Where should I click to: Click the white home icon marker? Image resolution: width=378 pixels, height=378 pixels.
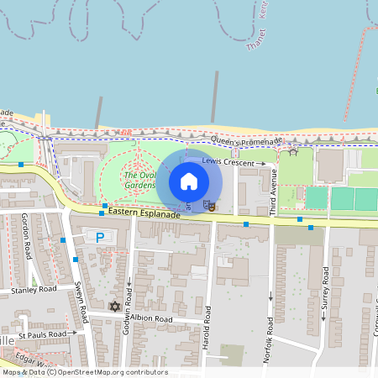click(189, 181)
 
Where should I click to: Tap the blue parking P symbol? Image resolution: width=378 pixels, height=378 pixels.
click(100, 238)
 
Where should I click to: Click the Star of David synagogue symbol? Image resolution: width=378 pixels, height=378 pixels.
click(115, 306)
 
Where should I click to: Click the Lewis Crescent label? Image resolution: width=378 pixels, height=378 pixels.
click(233, 160)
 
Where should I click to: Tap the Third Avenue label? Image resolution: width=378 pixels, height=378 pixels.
click(272, 192)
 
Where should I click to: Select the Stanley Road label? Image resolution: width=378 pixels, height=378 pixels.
click(34, 289)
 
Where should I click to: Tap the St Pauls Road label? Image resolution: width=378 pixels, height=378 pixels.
click(44, 333)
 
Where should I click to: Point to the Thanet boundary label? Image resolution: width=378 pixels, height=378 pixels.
click(255, 42)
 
